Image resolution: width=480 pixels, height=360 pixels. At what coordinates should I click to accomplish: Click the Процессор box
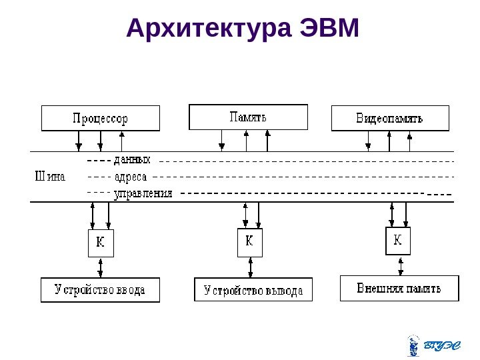[101, 118]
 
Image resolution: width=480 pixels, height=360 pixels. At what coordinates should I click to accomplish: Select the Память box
[249, 117]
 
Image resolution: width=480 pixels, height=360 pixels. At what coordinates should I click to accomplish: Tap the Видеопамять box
[390, 118]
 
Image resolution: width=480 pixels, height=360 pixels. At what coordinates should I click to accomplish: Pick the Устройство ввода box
[100, 290]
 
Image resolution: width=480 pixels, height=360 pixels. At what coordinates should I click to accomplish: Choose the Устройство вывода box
[253, 290]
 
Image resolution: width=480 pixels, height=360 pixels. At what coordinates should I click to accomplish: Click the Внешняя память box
[400, 288]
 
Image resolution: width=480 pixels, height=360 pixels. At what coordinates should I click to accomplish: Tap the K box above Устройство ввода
[101, 243]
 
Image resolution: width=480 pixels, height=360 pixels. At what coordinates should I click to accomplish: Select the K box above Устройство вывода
[249, 242]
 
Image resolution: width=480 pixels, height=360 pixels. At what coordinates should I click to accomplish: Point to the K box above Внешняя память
[398, 241]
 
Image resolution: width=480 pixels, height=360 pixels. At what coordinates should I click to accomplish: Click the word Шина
[49, 177]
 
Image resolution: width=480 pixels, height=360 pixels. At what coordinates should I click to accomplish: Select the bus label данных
[133, 161]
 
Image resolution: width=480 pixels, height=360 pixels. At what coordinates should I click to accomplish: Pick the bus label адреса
[131, 178]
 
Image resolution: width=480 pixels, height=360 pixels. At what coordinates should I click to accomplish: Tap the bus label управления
[143, 194]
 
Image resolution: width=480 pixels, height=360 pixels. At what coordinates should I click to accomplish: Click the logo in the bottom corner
[433, 345]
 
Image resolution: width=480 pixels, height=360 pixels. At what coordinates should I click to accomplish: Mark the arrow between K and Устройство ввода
[101, 267]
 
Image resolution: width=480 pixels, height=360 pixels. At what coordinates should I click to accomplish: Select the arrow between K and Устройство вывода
[250, 267]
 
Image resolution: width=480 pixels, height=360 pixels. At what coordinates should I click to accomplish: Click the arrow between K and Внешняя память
[400, 265]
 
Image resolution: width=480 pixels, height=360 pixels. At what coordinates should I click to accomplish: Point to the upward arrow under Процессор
[121, 141]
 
